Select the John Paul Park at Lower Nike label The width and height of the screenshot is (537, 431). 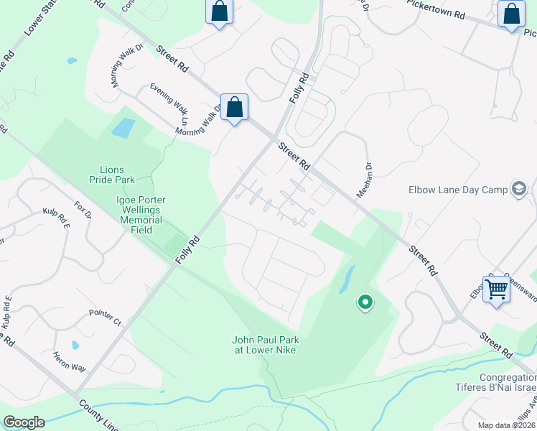[264, 345]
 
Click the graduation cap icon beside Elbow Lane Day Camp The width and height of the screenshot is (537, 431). [518, 190]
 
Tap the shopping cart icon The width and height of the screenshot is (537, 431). [496, 289]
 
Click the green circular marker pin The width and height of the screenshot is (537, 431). [365, 303]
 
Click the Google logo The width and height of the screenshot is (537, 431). [24, 422]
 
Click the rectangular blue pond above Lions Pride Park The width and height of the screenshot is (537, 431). [123, 129]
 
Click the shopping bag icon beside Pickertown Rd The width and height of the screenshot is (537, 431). [510, 14]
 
